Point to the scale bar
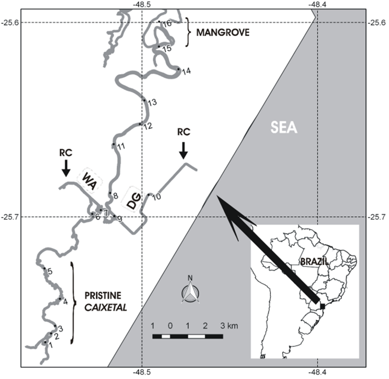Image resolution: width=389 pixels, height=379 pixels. point(187,336)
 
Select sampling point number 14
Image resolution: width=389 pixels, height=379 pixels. point(179,69)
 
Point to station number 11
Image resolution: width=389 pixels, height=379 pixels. point(114,144)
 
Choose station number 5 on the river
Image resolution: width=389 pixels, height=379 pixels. point(44,269)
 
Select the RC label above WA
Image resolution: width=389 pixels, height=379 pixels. point(66,152)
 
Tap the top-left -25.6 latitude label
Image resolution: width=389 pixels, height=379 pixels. point(11,22)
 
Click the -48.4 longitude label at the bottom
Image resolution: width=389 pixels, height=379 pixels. point(318,373)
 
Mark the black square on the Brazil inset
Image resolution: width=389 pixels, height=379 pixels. point(322,305)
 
